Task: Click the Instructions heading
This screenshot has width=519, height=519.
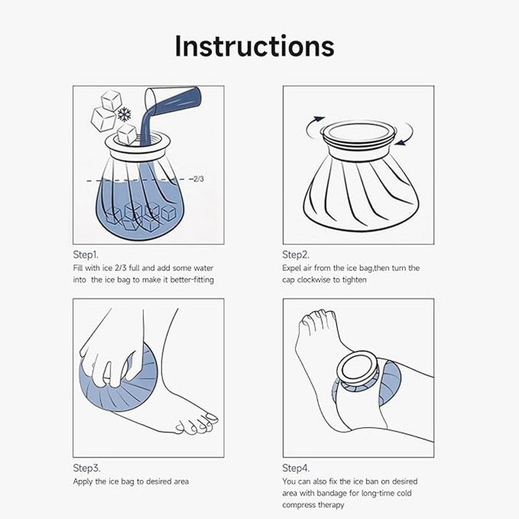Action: (x=254, y=47)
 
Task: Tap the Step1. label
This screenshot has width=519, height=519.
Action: (x=85, y=255)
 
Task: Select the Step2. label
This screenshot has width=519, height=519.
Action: (x=296, y=255)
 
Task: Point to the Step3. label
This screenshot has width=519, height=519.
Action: (x=86, y=468)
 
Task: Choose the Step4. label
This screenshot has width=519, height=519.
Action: (x=296, y=468)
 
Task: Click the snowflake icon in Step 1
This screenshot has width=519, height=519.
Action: (x=124, y=114)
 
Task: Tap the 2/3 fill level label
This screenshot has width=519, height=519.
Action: (x=199, y=179)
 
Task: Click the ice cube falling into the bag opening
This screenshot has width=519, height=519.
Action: (x=127, y=133)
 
